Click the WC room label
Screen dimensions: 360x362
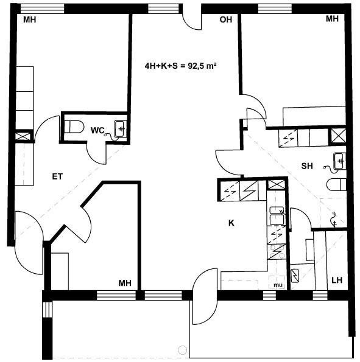tap(97, 130)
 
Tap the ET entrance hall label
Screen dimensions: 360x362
tap(57, 176)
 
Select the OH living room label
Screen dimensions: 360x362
tap(225, 19)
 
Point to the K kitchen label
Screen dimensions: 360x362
tap(231, 223)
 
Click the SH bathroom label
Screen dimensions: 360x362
tap(307, 166)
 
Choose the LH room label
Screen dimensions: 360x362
tap(337, 280)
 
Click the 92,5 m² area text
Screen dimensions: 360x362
tap(202, 66)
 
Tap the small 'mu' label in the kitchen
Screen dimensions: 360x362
tap(278, 285)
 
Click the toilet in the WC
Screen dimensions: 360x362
tap(74, 127)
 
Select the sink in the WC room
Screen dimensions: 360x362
tap(121, 129)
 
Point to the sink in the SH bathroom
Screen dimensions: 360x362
tap(340, 161)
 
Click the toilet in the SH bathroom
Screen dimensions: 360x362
tap(337, 185)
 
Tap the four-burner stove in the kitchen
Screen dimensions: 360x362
tap(277, 252)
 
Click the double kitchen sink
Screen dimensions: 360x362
tap(277, 216)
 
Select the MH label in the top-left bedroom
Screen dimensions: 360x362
tap(30, 19)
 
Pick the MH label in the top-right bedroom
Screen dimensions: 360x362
tap(332, 19)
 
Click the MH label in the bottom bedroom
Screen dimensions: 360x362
tap(125, 283)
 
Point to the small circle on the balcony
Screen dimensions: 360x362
tap(183, 350)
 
